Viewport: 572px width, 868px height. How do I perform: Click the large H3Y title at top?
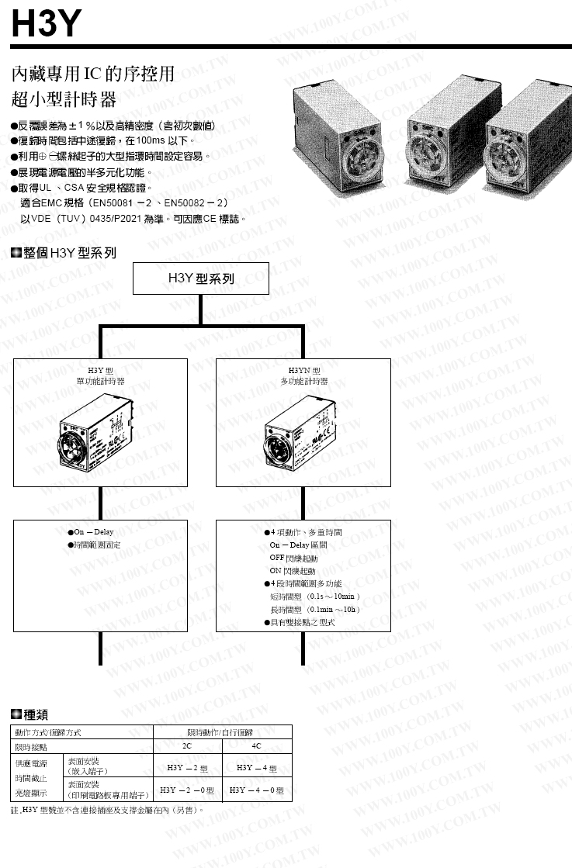46,23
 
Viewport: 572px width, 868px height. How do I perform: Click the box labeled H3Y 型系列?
200,278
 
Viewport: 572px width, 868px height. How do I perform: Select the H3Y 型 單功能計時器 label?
100,376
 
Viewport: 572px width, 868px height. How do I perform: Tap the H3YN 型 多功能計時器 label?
303,376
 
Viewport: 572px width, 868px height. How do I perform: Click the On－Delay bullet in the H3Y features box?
93,532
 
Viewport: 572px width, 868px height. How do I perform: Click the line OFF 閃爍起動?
293,558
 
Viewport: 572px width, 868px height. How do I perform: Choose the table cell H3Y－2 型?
188,768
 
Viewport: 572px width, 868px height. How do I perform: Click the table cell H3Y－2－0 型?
187,791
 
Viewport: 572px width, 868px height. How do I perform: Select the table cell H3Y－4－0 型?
257,791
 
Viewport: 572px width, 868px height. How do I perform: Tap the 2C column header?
187,745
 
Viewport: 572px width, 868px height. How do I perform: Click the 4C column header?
257,745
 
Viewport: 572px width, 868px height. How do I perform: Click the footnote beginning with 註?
109,811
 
